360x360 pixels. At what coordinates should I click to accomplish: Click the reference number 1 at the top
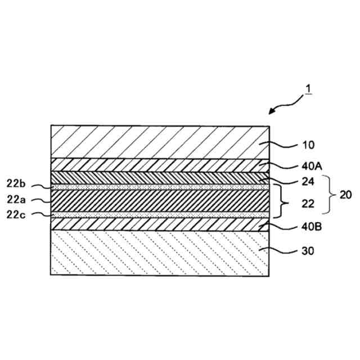pos(309,89)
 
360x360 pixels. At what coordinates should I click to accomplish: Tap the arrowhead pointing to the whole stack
pos(271,112)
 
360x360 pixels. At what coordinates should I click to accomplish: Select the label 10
pos(308,145)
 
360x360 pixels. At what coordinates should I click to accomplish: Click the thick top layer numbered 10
pos(160,141)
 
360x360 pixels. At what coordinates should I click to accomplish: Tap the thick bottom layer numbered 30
pos(160,253)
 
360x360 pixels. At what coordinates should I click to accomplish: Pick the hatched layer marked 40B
pos(160,224)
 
